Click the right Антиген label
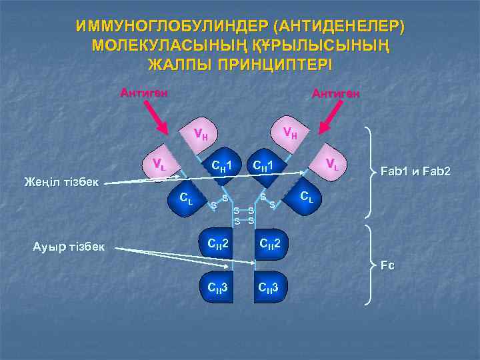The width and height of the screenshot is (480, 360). click(336, 94)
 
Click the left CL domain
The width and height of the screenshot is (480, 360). click(187, 197)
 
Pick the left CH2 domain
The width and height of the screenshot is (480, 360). click(219, 245)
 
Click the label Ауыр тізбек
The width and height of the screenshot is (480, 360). click(69, 247)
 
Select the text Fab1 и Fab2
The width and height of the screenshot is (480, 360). click(415, 172)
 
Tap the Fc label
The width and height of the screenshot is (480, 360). click(387, 265)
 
